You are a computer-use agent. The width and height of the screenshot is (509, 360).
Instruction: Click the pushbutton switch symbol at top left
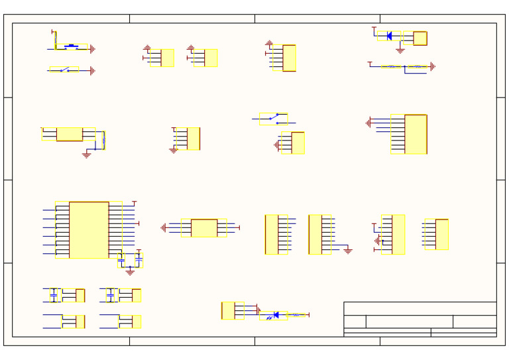point(71,47)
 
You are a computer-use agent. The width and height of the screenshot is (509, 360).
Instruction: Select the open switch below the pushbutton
point(64,70)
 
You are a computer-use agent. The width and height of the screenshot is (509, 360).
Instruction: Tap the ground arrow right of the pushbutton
point(92,49)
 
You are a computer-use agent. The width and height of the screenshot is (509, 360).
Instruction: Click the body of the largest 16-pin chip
point(89,229)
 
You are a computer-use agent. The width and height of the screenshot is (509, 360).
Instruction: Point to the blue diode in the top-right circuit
point(389,36)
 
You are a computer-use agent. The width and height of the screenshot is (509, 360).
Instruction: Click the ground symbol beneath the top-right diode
point(400,50)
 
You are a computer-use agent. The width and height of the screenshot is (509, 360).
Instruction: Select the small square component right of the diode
point(420,38)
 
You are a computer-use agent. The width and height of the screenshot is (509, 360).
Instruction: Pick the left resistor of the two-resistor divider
point(391,66)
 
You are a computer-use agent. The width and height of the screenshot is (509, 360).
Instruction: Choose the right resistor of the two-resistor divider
point(417,66)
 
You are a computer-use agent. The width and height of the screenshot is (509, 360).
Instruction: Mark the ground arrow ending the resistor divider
point(432,66)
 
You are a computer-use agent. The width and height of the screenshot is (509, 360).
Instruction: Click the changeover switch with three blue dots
point(274,119)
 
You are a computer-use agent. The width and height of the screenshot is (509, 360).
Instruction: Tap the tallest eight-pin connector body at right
point(416,134)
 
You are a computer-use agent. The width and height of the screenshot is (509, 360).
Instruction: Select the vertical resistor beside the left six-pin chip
point(103,140)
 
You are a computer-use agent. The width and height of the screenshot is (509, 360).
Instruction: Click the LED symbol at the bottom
point(276,315)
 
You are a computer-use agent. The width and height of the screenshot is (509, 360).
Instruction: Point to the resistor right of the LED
point(296,315)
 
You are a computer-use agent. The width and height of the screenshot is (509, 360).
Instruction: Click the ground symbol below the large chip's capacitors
point(130,271)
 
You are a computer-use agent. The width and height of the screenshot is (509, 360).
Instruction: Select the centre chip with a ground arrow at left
point(203,227)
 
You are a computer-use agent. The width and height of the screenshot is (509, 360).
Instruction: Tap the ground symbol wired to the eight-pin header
point(347,251)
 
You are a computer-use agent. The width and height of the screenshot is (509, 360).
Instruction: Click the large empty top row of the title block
point(420,308)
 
